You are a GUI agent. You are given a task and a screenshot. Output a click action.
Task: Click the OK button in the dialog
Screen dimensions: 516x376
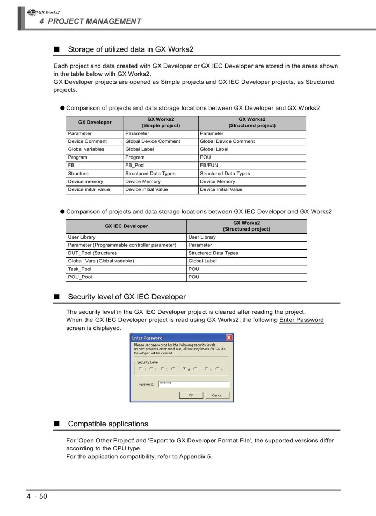191,395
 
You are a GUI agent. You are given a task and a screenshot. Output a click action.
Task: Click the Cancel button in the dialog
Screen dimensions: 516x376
217,395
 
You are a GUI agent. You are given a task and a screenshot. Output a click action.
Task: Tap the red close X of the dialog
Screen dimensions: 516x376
229,338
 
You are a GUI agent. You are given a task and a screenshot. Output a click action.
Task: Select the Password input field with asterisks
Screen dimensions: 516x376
194,384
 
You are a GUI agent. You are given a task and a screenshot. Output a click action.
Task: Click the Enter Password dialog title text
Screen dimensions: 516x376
147,338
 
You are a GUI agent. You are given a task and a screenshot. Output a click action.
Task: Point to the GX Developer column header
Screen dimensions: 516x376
95,123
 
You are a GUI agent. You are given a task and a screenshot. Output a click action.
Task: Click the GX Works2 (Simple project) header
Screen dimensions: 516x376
161,123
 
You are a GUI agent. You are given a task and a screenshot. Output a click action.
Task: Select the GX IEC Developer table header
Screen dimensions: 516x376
126,226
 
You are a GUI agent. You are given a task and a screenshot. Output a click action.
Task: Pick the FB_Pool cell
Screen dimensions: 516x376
135,166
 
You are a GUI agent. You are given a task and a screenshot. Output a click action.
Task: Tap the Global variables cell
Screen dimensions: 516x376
86,149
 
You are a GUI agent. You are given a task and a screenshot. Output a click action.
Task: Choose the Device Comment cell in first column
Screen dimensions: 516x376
87,141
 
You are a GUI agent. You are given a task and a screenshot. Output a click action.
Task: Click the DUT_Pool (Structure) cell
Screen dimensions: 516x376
92,253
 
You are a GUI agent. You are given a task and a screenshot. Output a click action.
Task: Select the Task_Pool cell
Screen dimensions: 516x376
79,269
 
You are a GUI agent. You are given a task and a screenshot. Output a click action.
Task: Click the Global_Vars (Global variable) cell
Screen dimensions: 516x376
100,261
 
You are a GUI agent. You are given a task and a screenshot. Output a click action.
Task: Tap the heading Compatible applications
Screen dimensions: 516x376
107,424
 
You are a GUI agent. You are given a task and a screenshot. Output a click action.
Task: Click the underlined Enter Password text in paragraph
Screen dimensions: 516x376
301,320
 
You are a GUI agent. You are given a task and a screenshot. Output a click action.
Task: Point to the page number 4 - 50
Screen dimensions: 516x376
37,496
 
